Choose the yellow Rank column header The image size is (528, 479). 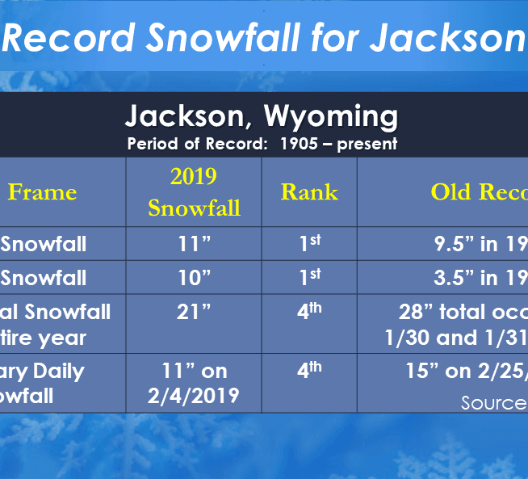point(309,191)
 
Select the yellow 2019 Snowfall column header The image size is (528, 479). point(194,192)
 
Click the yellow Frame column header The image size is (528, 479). point(42,191)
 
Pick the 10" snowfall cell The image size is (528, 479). point(194,278)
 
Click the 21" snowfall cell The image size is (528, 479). point(194,313)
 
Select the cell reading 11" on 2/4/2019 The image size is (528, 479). point(194,383)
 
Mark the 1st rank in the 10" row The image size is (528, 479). point(309,277)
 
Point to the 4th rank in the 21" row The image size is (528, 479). point(309,312)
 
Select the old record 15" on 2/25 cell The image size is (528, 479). point(468,372)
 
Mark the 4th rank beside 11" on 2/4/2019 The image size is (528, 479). point(309,371)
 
